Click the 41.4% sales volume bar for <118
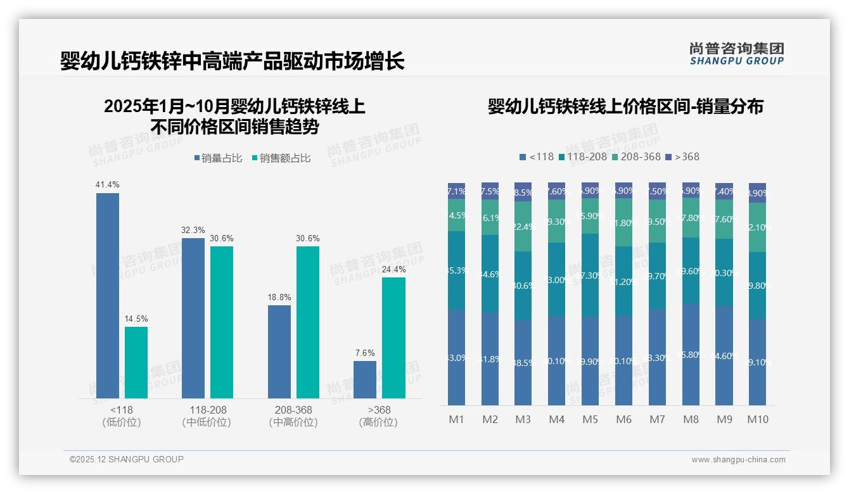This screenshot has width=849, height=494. [x=108, y=295]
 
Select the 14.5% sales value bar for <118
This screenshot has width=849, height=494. [x=136, y=362]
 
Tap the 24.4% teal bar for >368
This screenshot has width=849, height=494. [x=393, y=338]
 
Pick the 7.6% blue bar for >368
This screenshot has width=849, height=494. [x=365, y=379]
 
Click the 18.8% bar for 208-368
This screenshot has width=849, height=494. [x=279, y=351]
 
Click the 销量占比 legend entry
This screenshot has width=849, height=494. [x=218, y=158]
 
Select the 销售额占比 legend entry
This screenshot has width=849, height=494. [x=281, y=158]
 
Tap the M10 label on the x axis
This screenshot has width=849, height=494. [x=757, y=419]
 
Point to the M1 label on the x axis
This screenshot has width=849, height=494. [x=457, y=419]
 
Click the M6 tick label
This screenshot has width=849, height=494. [x=624, y=419]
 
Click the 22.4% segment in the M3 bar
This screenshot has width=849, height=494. [x=523, y=226]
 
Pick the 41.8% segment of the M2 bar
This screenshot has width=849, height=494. [x=490, y=358]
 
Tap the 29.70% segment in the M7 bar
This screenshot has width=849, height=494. [x=657, y=275]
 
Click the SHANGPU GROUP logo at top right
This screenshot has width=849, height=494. [x=736, y=54]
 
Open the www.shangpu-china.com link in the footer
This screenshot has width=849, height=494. [x=738, y=460]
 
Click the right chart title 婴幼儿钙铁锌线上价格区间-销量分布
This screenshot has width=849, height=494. [x=625, y=106]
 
